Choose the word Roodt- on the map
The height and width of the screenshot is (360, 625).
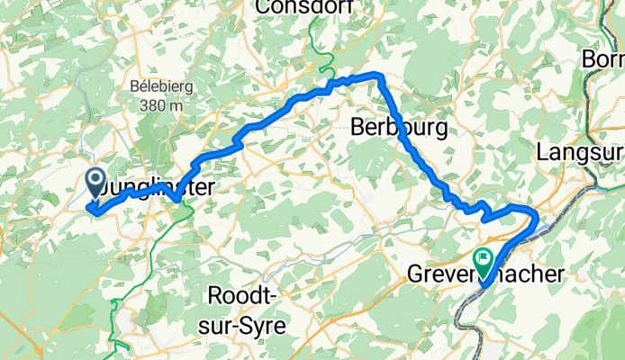[248, 295]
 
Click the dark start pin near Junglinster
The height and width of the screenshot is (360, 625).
[95, 183]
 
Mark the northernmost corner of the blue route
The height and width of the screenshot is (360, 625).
[378, 75]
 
